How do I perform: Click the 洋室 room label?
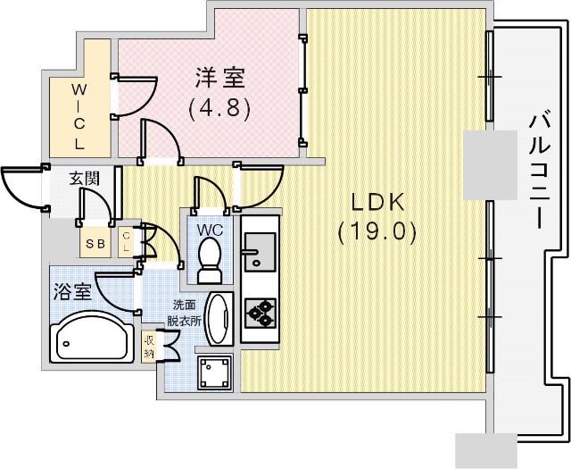[x=220, y=78]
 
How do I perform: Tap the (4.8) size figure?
[x=219, y=108]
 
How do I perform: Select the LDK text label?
[x=377, y=202]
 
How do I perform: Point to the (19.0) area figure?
[x=377, y=232]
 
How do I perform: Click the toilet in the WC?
[x=209, y=260]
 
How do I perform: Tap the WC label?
[x=211, y=230]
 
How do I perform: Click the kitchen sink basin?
[x=260, y=252]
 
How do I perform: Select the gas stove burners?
[x=260, y=314]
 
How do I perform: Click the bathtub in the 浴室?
[x=92, y=336]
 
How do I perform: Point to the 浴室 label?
[x=72, y=292]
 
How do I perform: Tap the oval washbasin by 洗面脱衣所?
[x=219, y=318]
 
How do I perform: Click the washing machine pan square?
[x=214, y=373]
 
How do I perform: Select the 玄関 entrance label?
[x=84, y=179]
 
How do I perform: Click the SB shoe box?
[x=95, y=243]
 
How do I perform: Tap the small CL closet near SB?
[x=126, y=242]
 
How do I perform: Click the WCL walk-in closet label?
[x=79, y=116]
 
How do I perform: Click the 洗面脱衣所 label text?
[x=184, y=312]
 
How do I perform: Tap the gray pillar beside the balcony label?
[x=490, y=165]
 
